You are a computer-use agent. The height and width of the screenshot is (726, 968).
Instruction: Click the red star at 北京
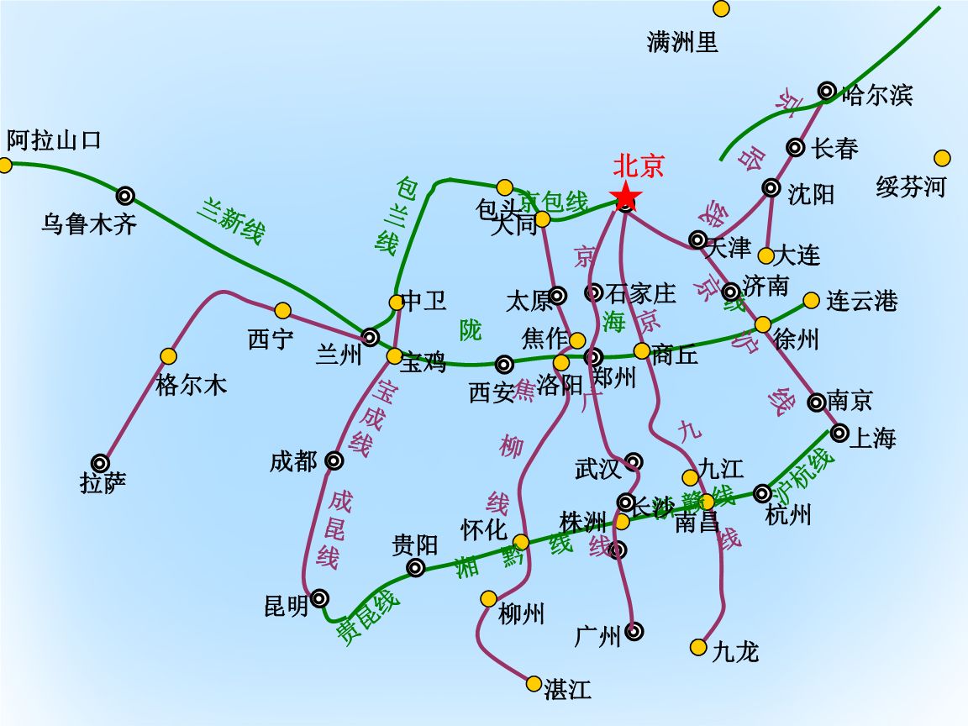click(626, 198)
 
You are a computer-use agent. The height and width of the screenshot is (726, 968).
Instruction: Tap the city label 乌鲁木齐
click(89, 224)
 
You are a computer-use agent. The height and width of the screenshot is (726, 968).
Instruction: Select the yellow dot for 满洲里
click(721, 8)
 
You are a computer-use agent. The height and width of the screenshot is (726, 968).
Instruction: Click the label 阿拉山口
click(54, 139)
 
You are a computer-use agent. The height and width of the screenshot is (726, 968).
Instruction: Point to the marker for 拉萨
click(101, 462)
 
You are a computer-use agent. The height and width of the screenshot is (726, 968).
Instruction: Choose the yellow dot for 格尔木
click(169, 356)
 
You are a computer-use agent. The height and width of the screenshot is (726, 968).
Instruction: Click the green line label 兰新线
click(231, 220)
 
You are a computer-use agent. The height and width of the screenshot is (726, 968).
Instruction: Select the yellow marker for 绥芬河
click(942, 158)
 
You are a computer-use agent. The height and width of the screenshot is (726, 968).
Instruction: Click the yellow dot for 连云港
click(811, 300)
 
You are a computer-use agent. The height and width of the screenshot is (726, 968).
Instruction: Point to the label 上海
click(874, 438)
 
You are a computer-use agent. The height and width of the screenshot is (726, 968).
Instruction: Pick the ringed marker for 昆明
click(319, 598)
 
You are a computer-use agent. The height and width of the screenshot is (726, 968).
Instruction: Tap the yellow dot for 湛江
click(534, 683)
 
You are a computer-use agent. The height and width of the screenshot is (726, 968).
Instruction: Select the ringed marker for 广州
click(634, 630)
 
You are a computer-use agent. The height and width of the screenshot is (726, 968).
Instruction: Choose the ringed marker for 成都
click(334, 460)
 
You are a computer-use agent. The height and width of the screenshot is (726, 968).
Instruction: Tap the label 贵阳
click(415, 545)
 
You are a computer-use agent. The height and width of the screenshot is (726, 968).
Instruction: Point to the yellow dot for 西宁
click(282, 310)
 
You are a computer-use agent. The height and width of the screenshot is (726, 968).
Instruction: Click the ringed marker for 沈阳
click(771, 187)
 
